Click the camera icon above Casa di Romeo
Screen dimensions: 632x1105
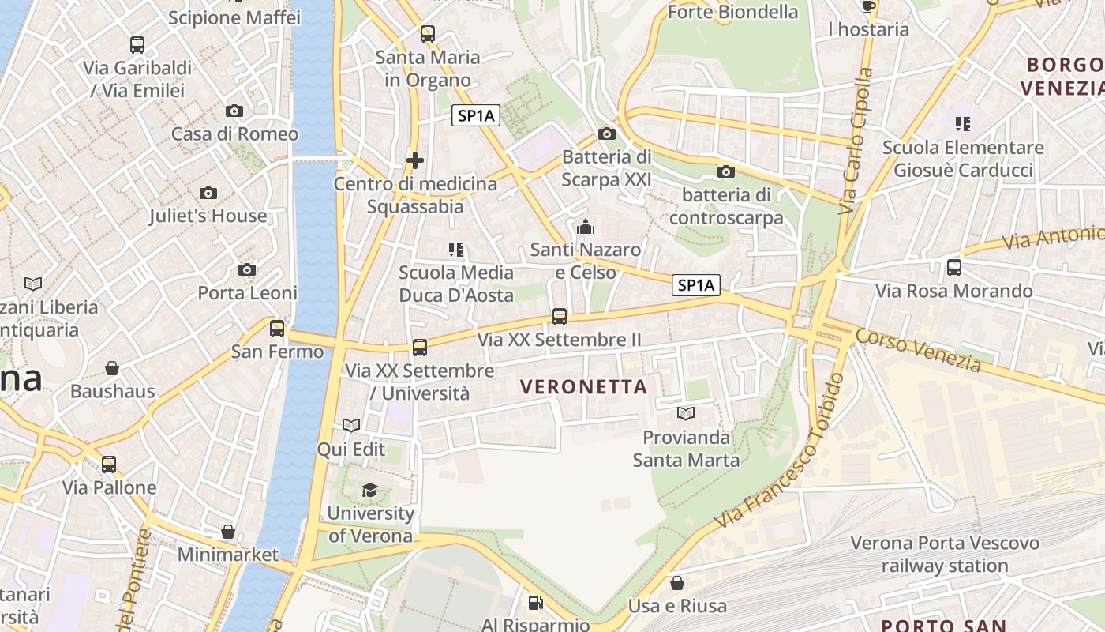pos(234,111)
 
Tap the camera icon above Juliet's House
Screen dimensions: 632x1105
pos(208,194)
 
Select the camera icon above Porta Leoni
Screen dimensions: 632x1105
pos(247,270)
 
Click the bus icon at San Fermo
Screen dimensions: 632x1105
pos(277,329)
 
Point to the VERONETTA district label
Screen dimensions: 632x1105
pos(584,387)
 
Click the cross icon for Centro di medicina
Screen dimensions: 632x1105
pos(415,161)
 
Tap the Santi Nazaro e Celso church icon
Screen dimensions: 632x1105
pos(586,228)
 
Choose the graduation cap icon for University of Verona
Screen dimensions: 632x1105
pos(369,491)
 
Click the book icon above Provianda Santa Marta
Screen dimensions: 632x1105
pos(686,414)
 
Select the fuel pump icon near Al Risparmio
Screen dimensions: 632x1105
pos(535,604)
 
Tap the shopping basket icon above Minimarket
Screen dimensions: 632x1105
pos(228,532)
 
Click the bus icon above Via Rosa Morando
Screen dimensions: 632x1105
pos(954,268)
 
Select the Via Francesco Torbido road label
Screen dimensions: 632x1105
pos(780,452)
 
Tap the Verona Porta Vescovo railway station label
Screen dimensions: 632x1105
pos(945,555)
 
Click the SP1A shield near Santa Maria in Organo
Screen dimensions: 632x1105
pos(477,116)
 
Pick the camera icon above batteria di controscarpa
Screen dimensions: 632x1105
pos(725,172)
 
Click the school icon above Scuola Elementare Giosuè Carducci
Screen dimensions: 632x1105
pos(963,124)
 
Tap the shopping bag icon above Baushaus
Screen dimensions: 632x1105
pos(112,368)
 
